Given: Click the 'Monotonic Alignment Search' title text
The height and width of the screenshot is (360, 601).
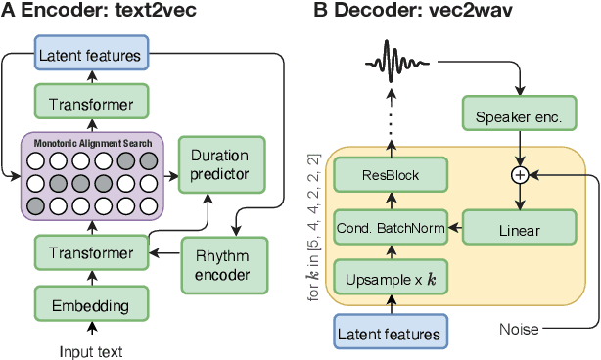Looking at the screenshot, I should click(92, 143).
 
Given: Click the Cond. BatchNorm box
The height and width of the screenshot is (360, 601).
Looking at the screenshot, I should click(392, 229).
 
